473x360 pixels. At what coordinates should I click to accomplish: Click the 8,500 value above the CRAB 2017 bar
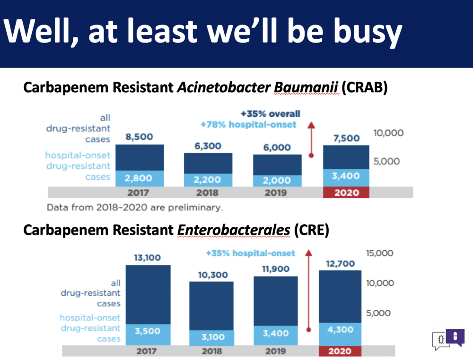140,137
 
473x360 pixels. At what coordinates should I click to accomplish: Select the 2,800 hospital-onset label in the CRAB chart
138,178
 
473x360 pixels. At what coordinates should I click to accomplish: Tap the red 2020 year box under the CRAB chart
346,193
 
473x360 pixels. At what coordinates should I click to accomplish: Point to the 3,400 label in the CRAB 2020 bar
346,176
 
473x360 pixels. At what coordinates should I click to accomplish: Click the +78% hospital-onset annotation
249,124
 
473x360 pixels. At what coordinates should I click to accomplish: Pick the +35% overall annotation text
271,114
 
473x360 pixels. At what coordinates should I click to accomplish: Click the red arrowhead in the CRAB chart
312,125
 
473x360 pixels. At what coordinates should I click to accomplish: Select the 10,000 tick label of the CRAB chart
388,133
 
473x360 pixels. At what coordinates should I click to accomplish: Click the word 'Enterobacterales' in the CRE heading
234,230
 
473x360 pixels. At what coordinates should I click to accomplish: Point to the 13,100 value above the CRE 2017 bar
148,258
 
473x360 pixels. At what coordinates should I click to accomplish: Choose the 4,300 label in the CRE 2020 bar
340,330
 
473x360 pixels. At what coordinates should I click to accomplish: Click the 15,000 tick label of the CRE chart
380,253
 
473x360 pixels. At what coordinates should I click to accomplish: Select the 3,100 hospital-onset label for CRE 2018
213,337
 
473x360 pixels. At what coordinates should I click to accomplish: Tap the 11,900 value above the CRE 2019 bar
276,269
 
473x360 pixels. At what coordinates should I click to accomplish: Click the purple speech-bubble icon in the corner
455,337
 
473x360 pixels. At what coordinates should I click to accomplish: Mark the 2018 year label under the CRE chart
212,351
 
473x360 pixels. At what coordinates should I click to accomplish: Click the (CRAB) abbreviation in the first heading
364,88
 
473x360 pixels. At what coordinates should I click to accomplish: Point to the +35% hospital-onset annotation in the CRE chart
250,253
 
